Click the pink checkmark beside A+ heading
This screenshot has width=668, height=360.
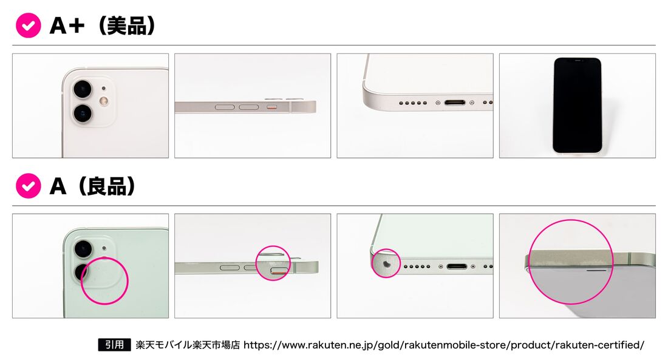pyautogui.click(x=28, y=25)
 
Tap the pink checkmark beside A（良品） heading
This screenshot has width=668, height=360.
pyautogui.click(x=28, y=186)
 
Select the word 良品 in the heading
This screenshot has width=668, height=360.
pyautogui.click(x=107, y=186)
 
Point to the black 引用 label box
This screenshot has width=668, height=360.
pyautogui.click(x=114, y=345)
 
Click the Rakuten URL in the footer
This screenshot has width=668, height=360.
pyautogui.click(x=443, y=345)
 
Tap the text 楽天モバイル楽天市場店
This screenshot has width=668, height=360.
pyautogui.click(x=188, y=345)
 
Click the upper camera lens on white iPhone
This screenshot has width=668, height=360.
pyautogui.click(x=83, y=89)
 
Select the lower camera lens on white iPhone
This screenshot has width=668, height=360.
pyautogui.click(x=83, y=114)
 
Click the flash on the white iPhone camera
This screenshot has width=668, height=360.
pyautogui.click(x=103, y=101)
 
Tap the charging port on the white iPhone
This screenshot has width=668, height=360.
pyautogui.click(x=455, y=103)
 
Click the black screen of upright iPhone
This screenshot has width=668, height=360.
pyautogui.click(x=578, y=105)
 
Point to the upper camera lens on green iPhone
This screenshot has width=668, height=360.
pyautogui.click(x=83, y=249)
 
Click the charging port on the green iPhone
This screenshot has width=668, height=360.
pyautogui.click(x=457, y=267)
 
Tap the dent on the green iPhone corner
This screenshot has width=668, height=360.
pyautogui.click(x=387, y=264)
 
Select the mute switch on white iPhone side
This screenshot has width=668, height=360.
pyautogui.click(x=272, y=106)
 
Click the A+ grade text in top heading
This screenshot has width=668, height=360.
pyautogui.click(x=67, y=25)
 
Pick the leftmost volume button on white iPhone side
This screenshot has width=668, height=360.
pyautogui.click(x=225, y=107)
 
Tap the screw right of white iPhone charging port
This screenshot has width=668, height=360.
pyautogui.click(x=472, y=103)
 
